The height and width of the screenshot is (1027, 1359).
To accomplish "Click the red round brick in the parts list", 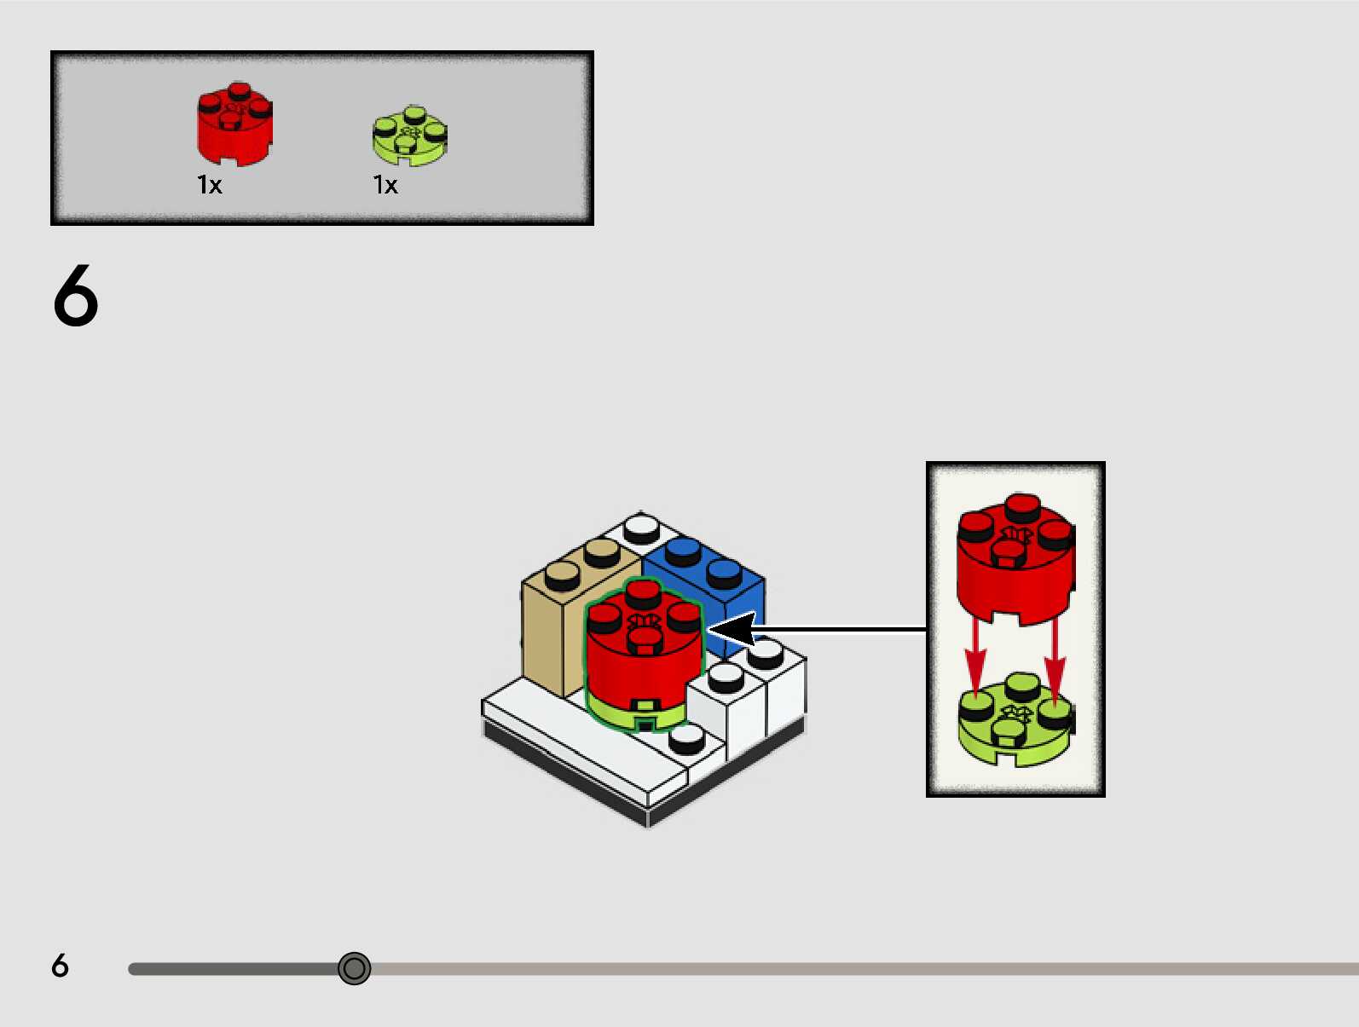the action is [x=234, y=125].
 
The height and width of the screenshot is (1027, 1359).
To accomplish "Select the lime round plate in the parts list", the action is [x=410, y=137].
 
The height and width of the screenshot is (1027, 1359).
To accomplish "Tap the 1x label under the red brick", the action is [x=210, y=185].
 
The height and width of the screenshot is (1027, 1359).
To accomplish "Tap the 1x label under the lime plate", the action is [x=385, y=185].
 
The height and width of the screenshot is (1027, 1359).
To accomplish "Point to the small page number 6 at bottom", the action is [x=60, y=966].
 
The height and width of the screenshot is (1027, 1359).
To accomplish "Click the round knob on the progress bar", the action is [x=354, y=968].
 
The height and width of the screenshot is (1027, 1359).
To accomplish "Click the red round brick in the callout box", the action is [x=1015, y=563].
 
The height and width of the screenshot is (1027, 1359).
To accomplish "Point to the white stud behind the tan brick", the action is [x=641, y=528].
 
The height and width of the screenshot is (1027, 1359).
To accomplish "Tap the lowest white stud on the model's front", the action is [x=686, y=739].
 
